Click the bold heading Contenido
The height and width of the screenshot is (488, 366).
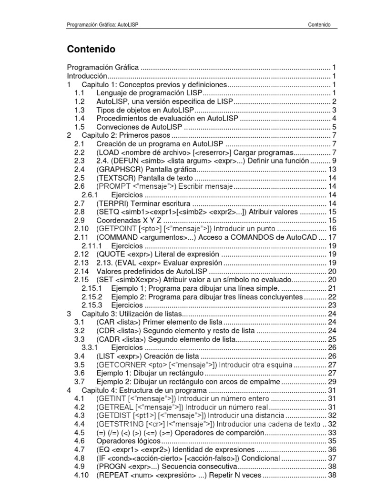coord(91,49)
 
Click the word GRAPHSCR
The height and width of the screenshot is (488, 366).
coord(117,169)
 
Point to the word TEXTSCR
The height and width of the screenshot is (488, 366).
coord(115,177)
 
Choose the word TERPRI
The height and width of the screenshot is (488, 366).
coord(113,203)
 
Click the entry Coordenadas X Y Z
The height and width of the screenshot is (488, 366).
coord(129,220)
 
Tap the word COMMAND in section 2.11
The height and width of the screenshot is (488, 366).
coord(117,237)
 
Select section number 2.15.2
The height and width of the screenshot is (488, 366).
coord(91,296)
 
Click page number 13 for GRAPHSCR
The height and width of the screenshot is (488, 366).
coord(333,169)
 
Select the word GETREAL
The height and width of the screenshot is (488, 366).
coord(115,407)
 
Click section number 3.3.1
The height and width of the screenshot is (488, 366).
coord(90,347)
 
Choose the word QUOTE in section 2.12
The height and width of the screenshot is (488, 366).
coord(112,254)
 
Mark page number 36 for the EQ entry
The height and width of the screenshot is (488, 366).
coord(333,449)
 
